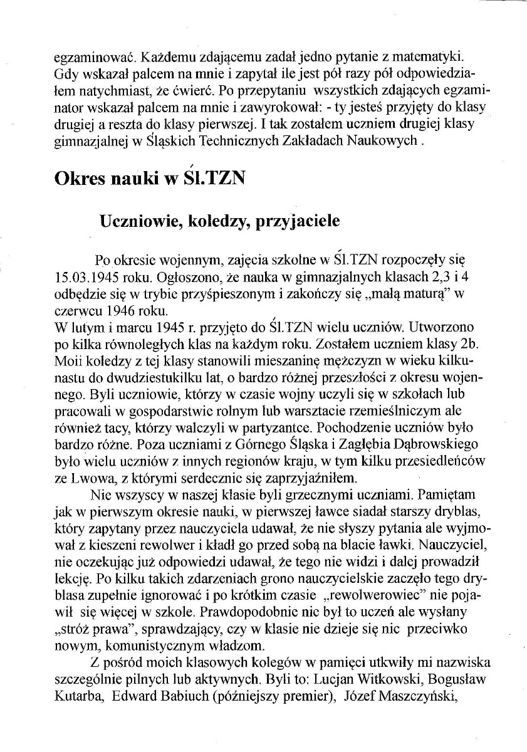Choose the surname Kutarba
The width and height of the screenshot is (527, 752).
coord(78,693)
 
